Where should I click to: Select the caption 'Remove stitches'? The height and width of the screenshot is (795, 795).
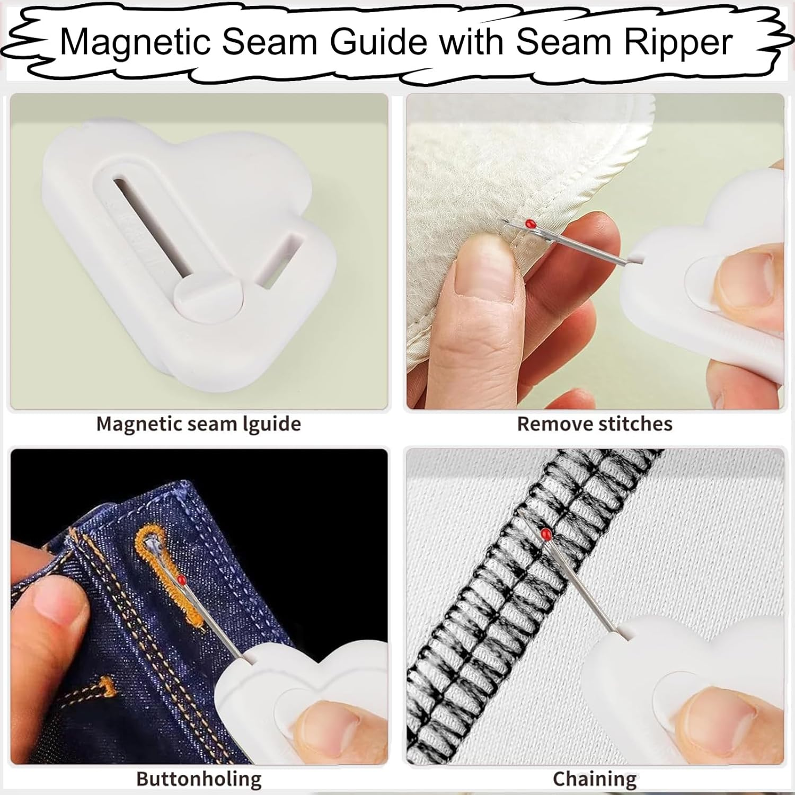coord(595,424)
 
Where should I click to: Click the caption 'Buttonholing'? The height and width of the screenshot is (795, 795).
coord(199,779)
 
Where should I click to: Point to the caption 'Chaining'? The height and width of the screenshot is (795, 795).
coord(595,779)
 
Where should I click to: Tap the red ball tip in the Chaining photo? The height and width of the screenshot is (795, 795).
coord(545,533)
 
